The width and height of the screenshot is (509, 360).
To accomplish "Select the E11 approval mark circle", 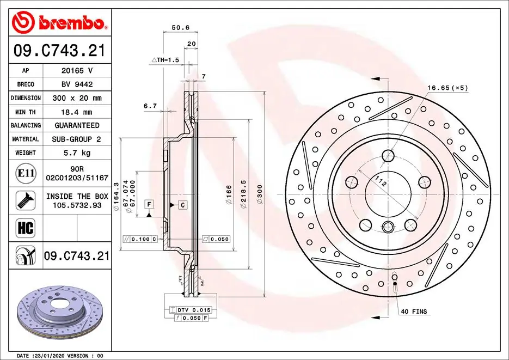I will (26, 174).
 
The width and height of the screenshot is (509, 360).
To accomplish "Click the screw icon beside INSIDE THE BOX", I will (26, 200).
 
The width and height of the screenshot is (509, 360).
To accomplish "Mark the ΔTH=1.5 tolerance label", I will (165, 59).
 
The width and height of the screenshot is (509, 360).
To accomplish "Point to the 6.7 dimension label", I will (150, 106).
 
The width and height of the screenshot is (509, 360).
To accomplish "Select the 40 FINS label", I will (414, 312).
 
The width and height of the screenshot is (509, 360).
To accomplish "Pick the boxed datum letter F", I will (148, 204).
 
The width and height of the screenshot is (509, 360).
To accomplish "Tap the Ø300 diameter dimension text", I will (260, 194).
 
